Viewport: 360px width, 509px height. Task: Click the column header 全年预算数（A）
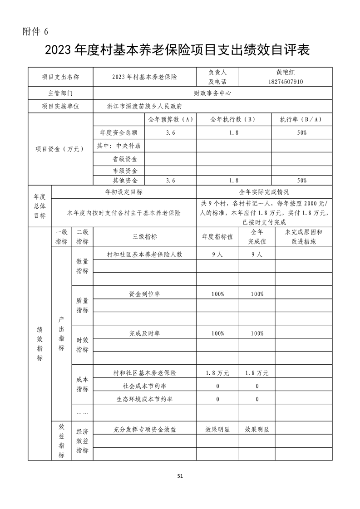(171, 120)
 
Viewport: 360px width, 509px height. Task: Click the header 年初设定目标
(123, 192)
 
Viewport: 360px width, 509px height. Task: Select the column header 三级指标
(144, 236)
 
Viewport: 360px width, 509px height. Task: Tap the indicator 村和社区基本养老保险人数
(144, 254)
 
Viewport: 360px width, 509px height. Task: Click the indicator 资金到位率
(144, 294)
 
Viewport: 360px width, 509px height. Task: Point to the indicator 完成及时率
(144, 333)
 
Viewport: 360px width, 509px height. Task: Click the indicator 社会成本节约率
(144, 386)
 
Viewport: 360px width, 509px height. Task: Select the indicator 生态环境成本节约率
(144, 399)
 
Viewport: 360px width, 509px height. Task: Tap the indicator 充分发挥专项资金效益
(144, 429)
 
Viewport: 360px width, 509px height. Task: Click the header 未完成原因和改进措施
(303, 236)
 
